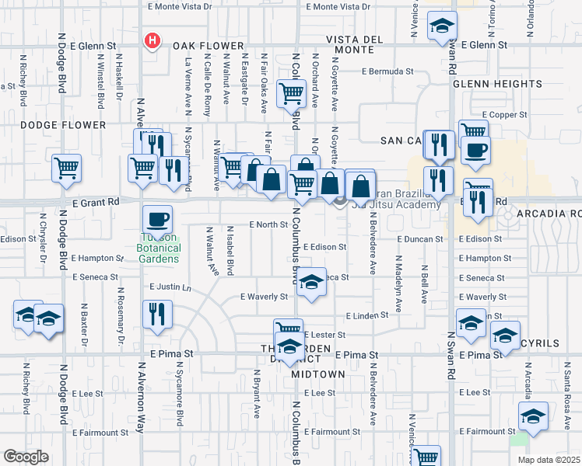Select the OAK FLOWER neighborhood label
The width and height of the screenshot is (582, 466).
(x=198, y=46)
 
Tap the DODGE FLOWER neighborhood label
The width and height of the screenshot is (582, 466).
(x=63, y=124)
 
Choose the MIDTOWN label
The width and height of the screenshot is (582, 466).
(x=318, y=374)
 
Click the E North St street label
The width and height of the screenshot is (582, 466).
(x=268, y=224)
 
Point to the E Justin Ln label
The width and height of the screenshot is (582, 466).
(x=170, y=287)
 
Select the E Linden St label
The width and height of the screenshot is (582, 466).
(x=369, y=315)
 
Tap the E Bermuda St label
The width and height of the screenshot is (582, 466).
(x=387, y=71)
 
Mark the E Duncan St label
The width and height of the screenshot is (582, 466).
(x=419, y=239)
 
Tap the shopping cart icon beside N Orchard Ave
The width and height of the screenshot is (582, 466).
(x=290, y=94)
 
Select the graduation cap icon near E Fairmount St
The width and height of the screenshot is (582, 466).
(x=533, y=417)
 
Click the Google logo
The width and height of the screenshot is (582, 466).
(x=26, y=457)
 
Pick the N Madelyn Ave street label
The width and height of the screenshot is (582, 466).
(x=398, y=284)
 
